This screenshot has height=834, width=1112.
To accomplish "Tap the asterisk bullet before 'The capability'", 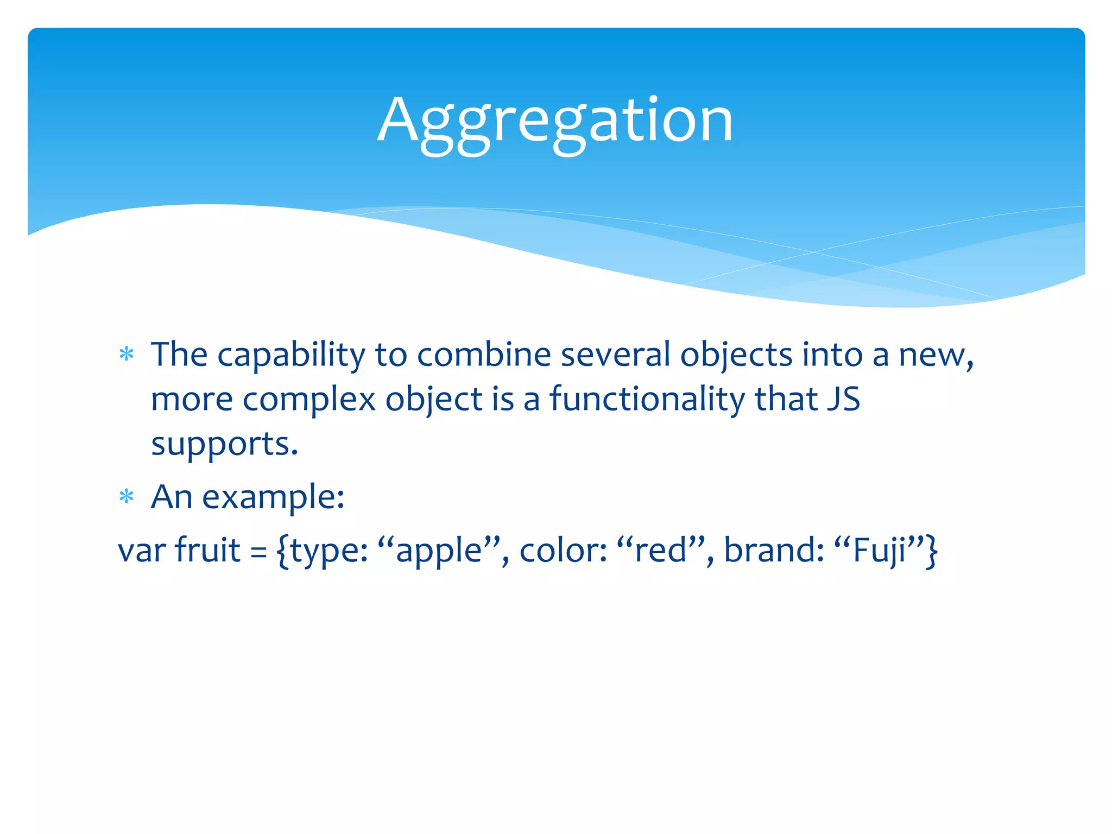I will click(127, 355).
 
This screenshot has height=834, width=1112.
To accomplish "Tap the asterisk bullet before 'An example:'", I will click(127, 496).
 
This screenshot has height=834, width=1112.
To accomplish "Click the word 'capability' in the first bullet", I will click(291, 356).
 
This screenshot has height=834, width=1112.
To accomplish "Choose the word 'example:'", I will click(273, 497).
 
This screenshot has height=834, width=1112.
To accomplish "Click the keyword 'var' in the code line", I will click(142, 551).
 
